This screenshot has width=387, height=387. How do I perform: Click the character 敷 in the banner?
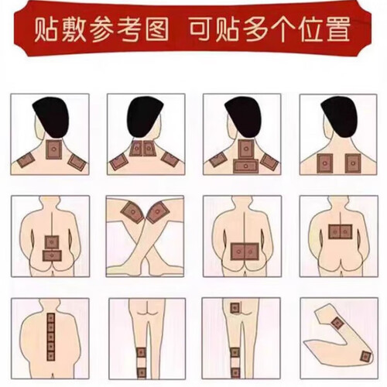74,29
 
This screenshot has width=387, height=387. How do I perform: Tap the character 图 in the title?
156,29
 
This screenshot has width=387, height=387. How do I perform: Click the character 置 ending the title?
338,29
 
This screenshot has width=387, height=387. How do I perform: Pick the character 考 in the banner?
129,29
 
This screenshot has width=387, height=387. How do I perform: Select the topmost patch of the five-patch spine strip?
51,318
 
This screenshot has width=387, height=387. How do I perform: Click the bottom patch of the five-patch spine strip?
51,356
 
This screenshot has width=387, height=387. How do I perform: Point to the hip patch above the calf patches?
235,308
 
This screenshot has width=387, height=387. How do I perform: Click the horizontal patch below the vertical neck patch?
245,166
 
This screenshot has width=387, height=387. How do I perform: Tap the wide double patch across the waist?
245,252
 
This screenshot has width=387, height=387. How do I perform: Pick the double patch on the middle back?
341,231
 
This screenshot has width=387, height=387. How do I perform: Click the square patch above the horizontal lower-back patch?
52,242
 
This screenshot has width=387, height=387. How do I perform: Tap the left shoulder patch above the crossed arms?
132,212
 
